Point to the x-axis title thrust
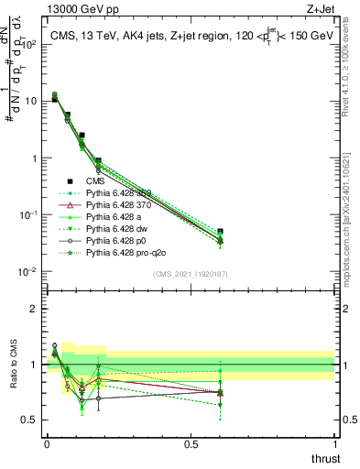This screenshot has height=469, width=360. point(326,458)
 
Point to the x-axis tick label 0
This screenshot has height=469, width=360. point(46,443)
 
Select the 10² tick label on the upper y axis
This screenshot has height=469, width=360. point(28,43)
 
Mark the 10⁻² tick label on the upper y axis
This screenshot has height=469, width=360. point(28,271)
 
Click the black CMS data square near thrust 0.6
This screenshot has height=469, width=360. point(220,232)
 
